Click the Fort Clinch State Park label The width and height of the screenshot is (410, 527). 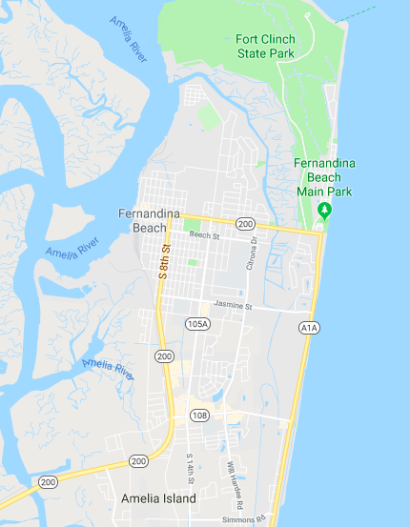(265, 46)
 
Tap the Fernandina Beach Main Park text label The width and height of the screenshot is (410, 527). (324, 177)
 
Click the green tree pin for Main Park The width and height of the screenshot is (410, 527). (325, 210)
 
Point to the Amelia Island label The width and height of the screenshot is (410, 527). (158, 498)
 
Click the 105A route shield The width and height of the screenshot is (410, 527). (197, 324)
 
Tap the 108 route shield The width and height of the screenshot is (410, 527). (199, 415)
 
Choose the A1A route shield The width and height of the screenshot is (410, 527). (307, 328)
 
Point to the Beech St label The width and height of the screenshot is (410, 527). (204, 234)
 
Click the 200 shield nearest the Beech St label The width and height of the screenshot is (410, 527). (246, 224)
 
